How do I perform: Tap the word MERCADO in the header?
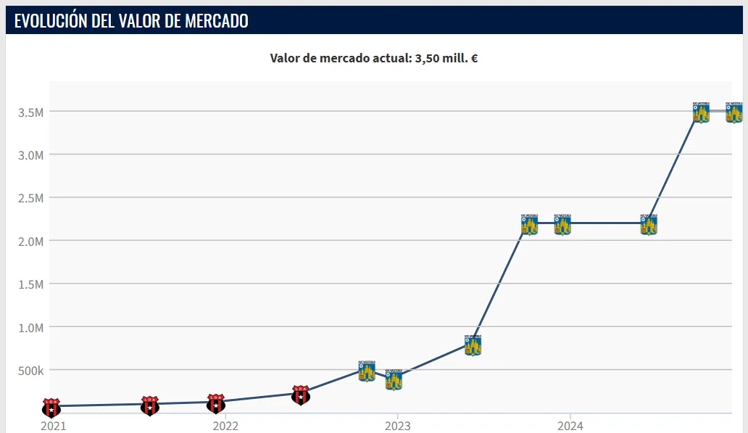coord(216,21)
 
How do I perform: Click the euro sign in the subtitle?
coord(474,58)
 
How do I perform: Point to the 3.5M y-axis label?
coord(31,112)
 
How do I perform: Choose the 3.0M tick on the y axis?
coord(31,154)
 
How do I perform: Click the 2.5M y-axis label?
coord(31,198)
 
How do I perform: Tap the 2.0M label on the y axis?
coord(31,241)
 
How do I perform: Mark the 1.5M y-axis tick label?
coord(31,284)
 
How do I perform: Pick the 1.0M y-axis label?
coord(31,327)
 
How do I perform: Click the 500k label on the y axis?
coord(31,371)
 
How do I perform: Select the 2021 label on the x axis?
coord(53,425)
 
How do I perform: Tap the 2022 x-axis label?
coord(225,425)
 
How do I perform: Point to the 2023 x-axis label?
coord(397,425)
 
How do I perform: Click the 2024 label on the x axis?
coord(570,425)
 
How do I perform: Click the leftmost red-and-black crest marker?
coord(51,407)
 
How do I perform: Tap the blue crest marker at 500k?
coord(367,371)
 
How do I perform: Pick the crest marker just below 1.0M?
coord(473,345)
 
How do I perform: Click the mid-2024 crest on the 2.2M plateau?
coord(649,224)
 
